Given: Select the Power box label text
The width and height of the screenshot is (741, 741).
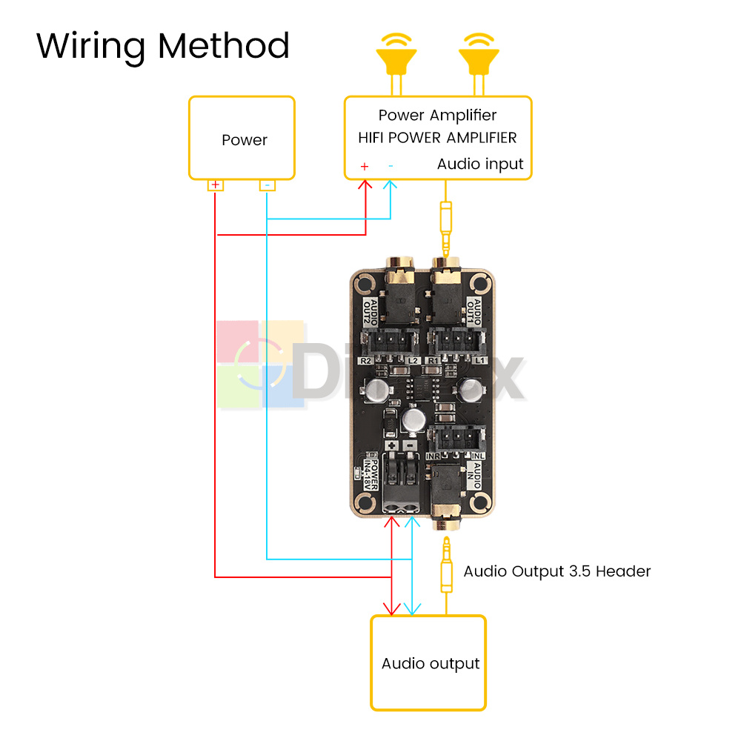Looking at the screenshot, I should point(244,140).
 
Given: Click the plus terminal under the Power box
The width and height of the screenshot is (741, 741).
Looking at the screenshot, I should point(215,185).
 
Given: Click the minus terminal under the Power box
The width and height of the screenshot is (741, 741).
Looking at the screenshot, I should point(268,185).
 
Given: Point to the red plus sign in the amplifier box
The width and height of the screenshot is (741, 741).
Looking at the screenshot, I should point(364,167).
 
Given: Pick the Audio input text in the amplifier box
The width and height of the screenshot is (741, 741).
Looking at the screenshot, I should point(480,164).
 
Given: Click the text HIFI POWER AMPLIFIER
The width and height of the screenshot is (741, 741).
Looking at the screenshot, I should point(437,138).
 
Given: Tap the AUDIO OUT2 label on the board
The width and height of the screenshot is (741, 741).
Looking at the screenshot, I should point(370,313).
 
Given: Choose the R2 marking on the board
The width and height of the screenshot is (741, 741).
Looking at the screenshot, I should point(365,361).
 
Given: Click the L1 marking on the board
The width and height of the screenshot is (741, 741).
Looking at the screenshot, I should point(479,361).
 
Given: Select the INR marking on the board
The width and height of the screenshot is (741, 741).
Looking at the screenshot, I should point(433,455).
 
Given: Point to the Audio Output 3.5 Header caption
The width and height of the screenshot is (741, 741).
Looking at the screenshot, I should point(556,571).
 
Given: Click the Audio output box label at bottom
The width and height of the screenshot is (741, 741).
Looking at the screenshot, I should point(430,664).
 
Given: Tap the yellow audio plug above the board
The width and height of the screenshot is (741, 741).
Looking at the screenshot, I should point(445,226).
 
